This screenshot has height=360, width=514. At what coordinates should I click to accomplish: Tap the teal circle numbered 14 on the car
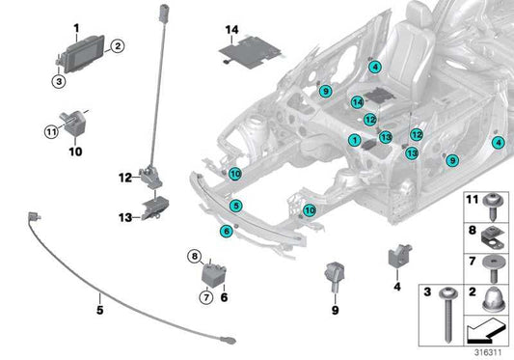click(356, 101)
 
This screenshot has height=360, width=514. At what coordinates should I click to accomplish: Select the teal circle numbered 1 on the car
click(354, 140)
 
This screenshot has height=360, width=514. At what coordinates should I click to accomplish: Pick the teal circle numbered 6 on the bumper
click(226, 230)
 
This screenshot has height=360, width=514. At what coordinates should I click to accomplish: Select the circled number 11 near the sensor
click(52, 131)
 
